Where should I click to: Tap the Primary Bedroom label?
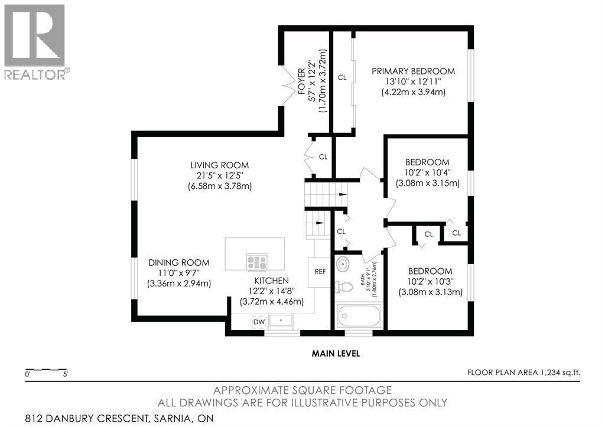point(413,71)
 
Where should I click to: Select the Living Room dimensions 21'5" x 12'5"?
point(219,176)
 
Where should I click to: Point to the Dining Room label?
point(179,263)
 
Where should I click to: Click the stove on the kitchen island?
point(257,262)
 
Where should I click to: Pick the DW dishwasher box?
point(259,322)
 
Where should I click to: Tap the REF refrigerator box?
point(320,272)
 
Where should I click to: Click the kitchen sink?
point(281,320)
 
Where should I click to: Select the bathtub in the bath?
point(359,316)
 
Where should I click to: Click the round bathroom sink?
point(342,265)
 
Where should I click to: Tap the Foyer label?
point(301,82)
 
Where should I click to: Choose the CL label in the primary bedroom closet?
point(342,77)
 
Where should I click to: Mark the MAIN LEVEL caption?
point(336,353)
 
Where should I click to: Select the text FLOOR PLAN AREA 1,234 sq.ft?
point(523,373)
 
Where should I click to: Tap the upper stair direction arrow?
point(342,195)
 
